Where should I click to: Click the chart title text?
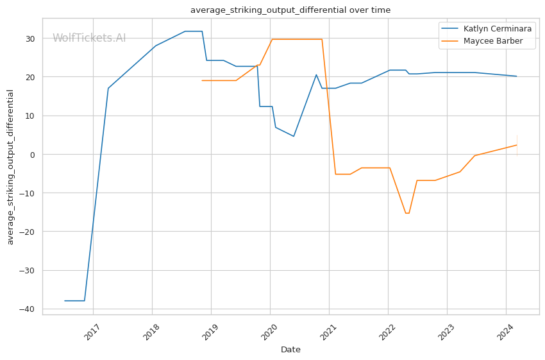290,10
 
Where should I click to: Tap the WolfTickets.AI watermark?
89,39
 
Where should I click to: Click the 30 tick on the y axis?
29,39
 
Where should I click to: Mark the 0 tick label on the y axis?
32,155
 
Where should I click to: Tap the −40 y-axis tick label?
27,309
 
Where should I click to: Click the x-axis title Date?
290,350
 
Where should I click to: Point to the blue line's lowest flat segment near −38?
74,300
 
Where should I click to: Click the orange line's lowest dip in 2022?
407,213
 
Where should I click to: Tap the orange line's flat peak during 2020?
296,39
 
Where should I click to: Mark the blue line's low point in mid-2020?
294,136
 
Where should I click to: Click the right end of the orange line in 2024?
517,145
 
